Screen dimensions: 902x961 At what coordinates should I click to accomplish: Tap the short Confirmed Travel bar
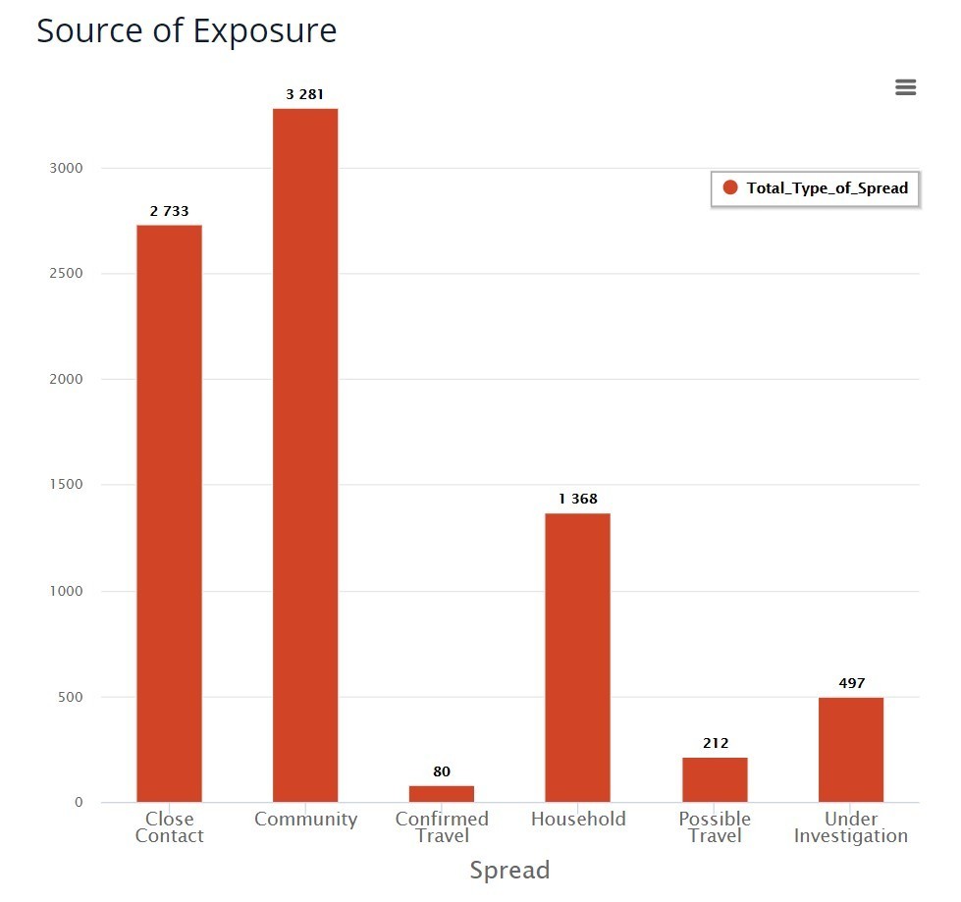(442, 793)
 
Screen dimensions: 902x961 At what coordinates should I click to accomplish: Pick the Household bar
(578, 658)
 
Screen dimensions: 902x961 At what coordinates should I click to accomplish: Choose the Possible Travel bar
(715, 779)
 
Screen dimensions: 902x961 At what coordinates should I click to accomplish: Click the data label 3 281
(305, 94)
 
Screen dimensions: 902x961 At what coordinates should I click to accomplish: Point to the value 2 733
(169, 211)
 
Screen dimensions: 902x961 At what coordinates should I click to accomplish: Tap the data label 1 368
(578, 500)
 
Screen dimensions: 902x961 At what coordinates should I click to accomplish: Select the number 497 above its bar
(852, 683)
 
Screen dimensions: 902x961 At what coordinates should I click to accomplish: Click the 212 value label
(716, 743)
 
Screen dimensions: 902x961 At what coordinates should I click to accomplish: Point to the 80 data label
(442, 771)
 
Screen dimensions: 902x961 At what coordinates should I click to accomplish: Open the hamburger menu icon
(906, 87)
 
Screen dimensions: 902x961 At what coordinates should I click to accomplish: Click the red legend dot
(729, 187)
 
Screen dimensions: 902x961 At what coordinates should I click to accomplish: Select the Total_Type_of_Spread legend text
(827, 187)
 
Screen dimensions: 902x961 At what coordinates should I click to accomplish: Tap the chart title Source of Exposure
(187, 30)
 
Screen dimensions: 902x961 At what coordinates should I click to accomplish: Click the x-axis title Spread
(509, 871)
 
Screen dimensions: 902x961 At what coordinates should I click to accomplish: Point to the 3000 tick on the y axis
(66, 168)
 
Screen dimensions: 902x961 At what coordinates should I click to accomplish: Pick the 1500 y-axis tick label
(66, 485)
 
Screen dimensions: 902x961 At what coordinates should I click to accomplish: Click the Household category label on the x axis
(578, 819)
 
